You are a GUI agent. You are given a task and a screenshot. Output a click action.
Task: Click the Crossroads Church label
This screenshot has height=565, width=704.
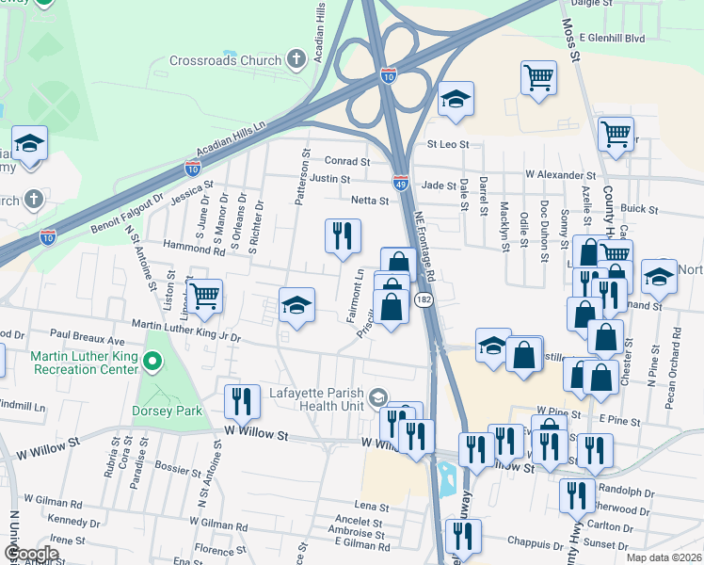225,60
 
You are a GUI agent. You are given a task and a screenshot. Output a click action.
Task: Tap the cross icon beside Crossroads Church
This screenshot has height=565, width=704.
296,60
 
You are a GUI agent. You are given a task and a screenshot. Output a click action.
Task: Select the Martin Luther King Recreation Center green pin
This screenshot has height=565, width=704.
151,360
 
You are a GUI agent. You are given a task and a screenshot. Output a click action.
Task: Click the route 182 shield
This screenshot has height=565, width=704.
423,299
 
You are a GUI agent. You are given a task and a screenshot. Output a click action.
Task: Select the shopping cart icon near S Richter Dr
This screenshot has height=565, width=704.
204,296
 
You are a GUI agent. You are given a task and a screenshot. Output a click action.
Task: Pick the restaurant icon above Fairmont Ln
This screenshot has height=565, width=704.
343,234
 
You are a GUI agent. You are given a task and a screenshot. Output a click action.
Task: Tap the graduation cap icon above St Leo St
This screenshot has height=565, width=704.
456,99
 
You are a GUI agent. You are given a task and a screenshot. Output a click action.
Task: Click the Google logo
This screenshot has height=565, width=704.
30,554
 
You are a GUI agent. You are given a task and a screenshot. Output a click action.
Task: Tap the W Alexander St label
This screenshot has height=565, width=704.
561,175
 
